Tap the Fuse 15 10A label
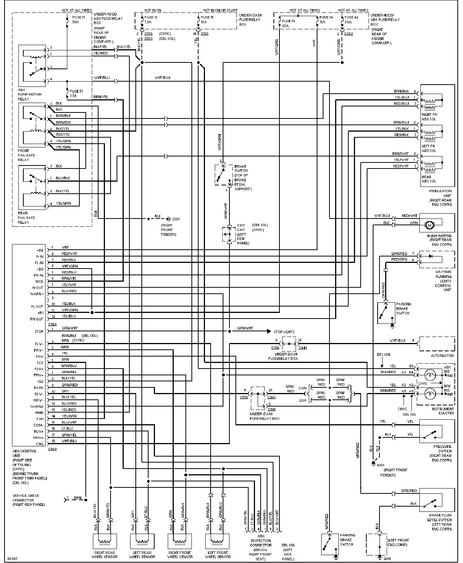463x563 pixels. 207,20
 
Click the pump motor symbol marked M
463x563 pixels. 429,225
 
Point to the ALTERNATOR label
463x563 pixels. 442,355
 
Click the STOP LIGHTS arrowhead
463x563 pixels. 269,331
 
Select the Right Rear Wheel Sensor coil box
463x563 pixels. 105,542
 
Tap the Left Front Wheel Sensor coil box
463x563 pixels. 218,542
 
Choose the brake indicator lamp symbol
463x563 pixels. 429,394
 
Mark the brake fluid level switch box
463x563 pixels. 431,501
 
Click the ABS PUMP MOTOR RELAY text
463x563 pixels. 30,94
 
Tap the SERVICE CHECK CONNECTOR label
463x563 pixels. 29,500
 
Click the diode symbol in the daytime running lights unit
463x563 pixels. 431,256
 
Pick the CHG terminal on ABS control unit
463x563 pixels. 40,444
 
